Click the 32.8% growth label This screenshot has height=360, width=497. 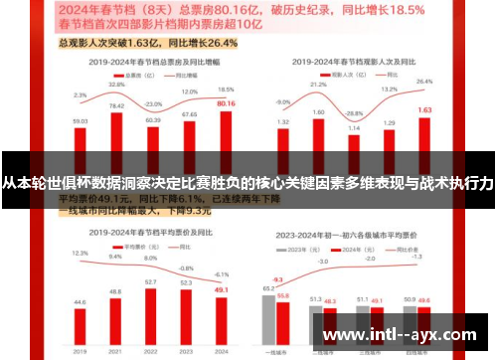pos(116,85)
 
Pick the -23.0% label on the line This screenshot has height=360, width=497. pos(153,103)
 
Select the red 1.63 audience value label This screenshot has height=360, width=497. pos(423,109)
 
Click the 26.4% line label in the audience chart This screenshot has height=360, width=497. pos(423,82)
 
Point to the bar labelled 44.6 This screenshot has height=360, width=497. pos(80,317)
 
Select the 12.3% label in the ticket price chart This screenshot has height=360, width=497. pos(80,254)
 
